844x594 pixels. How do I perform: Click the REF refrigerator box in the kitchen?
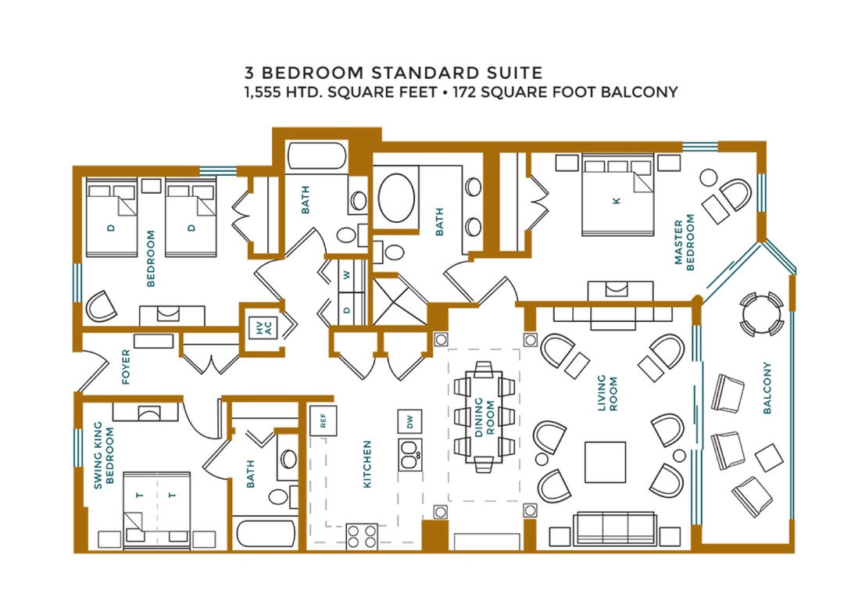pos(323,420)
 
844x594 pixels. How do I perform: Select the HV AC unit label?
pos(264,327)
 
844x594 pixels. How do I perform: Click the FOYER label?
pos(126,367)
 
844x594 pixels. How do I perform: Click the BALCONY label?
pos(767,388)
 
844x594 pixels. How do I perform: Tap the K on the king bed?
pos(617,201)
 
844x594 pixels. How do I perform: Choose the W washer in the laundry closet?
pos(347,275)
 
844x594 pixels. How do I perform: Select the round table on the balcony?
pos(761,314)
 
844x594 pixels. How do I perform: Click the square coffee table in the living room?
pos(605,462)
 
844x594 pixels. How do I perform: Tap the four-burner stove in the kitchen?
pos(362,536)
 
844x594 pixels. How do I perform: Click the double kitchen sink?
pos(410,455)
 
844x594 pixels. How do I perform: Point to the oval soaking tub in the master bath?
pos(396,197)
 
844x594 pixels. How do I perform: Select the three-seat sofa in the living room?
pos(615,528)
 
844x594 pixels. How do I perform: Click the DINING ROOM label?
pos(484,417)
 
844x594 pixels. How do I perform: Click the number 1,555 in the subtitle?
pos(263,93)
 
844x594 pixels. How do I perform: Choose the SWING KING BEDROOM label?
pos(103,456)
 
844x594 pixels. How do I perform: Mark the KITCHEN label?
pos(367,464)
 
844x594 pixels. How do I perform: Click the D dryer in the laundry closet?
pos(347,310)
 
